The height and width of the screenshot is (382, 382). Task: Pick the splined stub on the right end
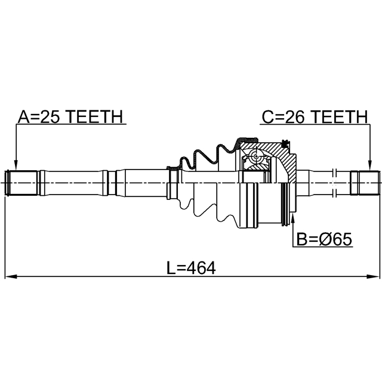coord(364,182)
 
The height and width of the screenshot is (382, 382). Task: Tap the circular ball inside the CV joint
coord(257,159)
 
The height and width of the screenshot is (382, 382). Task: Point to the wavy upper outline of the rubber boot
coord(203,155)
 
